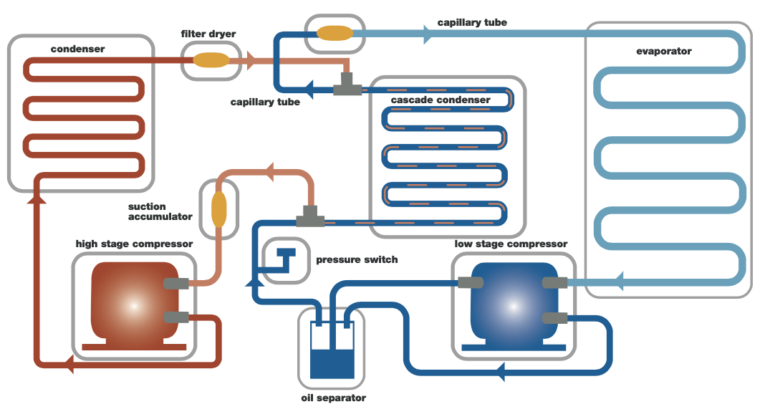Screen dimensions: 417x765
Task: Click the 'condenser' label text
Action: (x=78, y=49)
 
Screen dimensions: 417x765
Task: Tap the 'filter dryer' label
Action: (x=208, y=34)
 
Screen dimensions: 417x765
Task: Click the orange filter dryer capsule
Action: (x=210, y=61)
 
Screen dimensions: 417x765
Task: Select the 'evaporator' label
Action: (x=664, y=52)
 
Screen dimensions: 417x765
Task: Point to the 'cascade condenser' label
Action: (x=441, y=100)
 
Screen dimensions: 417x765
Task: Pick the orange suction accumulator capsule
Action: (x=218, y=208)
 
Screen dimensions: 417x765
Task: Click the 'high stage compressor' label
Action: (x=134, y=244)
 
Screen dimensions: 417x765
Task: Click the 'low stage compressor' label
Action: (x=511, y=244)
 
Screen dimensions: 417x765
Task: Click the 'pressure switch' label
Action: (x=357, y=259)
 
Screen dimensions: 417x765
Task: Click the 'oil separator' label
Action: (x=334, y=398)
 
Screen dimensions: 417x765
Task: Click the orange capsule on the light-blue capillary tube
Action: (x=335, y=33)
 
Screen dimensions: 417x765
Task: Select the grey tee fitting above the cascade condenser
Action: (x=347, y=87)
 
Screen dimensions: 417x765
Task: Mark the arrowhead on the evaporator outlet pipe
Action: (x=617, y=281)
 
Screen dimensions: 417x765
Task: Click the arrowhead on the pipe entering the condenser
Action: (x=37, y=197)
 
